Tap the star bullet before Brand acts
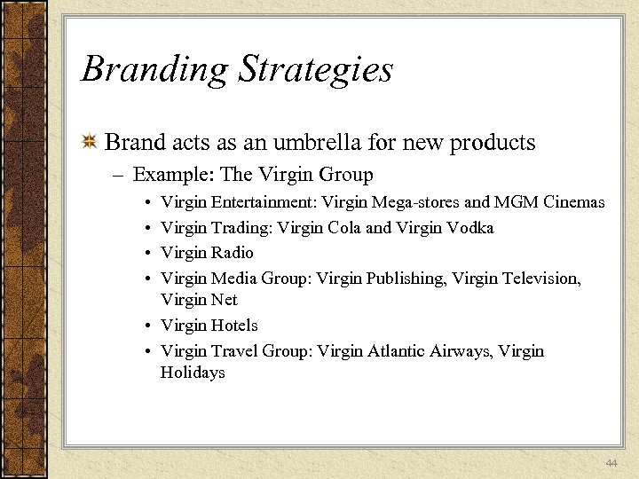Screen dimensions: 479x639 [x=89, y=143]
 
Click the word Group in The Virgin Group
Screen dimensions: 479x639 [x=345, y=175]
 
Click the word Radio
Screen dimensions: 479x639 [x=233, y=253]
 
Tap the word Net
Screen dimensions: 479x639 [x=225, y=300]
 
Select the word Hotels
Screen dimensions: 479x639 [x=234, y=326]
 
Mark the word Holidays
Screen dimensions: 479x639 [x=193, y=373]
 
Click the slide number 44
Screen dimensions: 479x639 [x=611, y=463]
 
